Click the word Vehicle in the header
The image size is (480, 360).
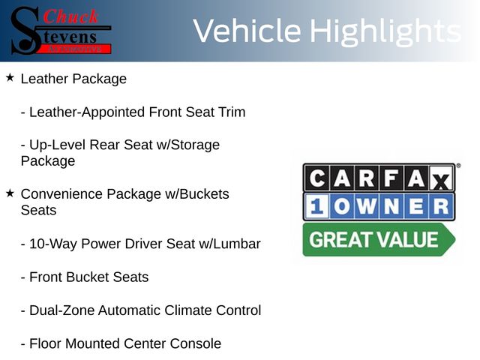pyautogui.click(x=247, y=31)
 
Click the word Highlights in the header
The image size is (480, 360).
pyautogui.click(x=385, y=32)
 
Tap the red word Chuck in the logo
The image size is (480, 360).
pyautogui.click(x=70, y=16)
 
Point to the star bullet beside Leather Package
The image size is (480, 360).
pyautogui.click(x=10, y=78)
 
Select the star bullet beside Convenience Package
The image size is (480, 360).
pyautogui.click(x=10, y=193)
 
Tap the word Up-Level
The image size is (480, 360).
pyautogui.click(x=57, y=145)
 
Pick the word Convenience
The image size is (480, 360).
pyautogui.click(x=61, y=194)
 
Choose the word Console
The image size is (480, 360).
pyautogui.click(x=195, y=343)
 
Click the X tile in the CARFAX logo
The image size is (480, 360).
pyautogui.click(x=441, y=178)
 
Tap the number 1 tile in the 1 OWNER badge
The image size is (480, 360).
pyautogui.click(x=316, y=206)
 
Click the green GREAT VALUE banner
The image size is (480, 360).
pyautogui.click(x=379, y=239)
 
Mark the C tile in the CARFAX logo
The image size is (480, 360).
pyautogui.click(x=316, y=178)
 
